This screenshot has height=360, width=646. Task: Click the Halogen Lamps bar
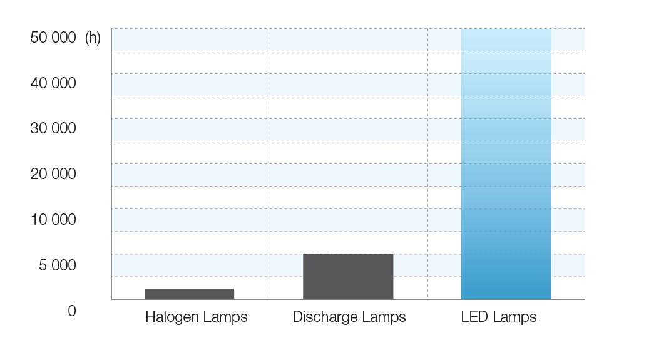point(190,294)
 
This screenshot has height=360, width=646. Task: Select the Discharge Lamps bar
point(348,276)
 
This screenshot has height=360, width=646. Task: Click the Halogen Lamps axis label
point(196,317)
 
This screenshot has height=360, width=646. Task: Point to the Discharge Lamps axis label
point(349,317)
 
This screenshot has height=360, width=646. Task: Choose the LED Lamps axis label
point(499,317)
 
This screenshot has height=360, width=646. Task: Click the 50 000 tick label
point(53,38)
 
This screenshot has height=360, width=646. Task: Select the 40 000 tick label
point(53,83)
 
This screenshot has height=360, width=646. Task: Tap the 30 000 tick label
point(53,128)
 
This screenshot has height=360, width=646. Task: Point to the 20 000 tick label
point(53,174)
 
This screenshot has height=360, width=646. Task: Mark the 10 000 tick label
point(53,220)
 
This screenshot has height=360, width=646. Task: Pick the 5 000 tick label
point(57,265)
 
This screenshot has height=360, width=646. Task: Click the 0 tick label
point(72,311)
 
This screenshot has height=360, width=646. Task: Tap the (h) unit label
point(93,38)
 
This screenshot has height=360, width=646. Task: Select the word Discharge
point(323,317)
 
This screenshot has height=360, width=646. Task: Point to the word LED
point(474,317)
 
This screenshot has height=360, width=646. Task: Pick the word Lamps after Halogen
point(224,317)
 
